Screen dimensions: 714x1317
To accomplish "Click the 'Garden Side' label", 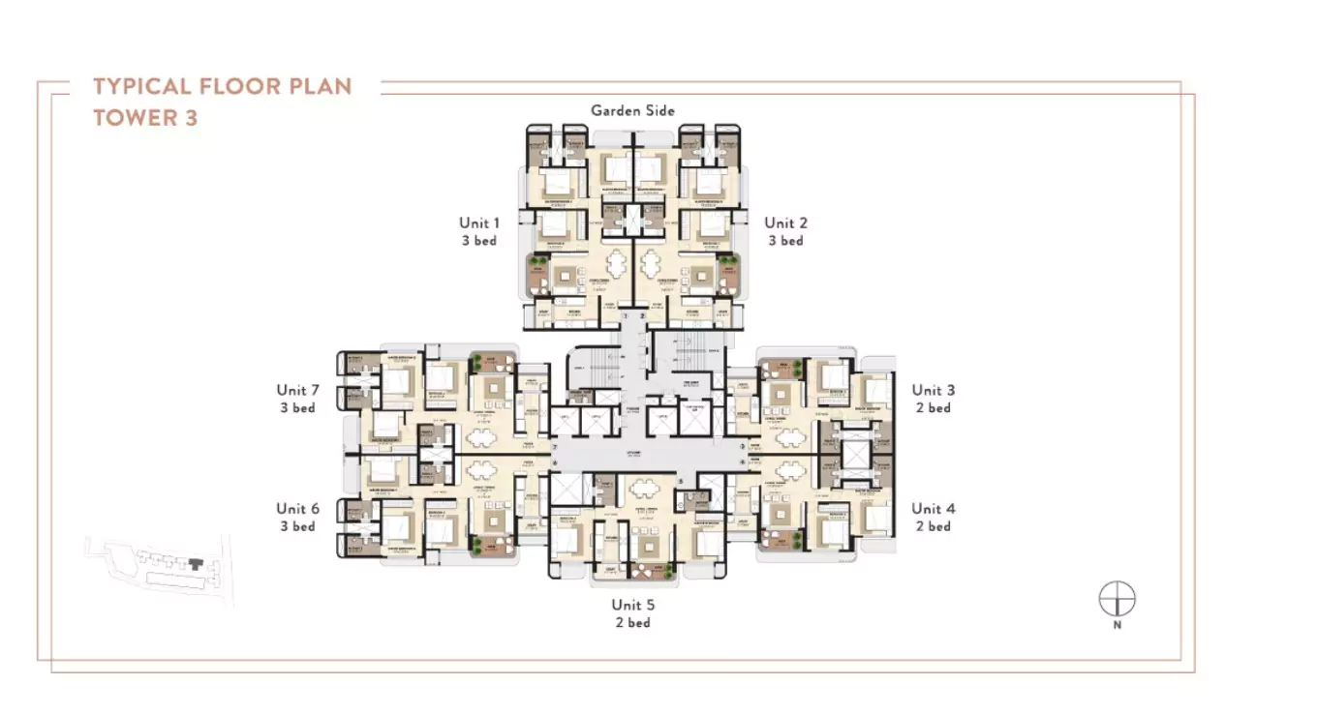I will (632, 111).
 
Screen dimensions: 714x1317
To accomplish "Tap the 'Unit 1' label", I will (479, 223).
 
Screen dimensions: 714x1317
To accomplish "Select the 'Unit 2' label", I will (785, 223).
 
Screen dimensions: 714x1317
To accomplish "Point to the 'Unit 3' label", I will (933, 391).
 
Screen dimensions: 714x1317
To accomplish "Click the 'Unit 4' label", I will (933, 509).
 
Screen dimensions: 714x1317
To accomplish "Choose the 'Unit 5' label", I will (632, 605).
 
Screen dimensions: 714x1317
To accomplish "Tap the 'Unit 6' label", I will (297, 509).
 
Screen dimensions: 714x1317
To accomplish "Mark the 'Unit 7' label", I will (297, 391).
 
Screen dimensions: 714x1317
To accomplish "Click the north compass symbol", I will (1117, 599).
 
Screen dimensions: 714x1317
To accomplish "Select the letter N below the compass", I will (1117, 626).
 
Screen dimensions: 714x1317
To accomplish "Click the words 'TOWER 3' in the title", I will (145, 119).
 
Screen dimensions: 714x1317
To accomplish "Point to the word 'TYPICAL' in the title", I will (141, 86).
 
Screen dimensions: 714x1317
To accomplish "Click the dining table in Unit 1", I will (617, 263).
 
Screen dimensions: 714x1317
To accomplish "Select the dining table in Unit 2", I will (649, 263).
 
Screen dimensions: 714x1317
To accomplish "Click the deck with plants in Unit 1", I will (536, 274).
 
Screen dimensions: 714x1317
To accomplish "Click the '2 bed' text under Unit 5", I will (632, 623).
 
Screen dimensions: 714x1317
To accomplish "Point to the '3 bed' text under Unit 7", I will (297, 408).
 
